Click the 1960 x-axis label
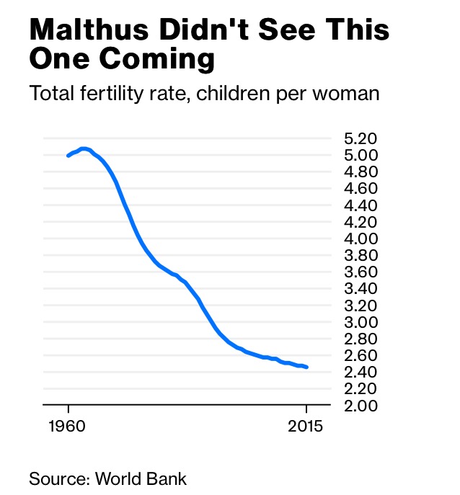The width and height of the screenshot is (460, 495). pos(68,424)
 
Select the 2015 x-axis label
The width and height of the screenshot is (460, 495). pos(306,424)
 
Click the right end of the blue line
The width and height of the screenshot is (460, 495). pos(307,367)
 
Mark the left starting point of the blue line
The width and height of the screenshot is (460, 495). pos(68,155)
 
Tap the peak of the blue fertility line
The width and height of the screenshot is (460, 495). pos(84,148)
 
